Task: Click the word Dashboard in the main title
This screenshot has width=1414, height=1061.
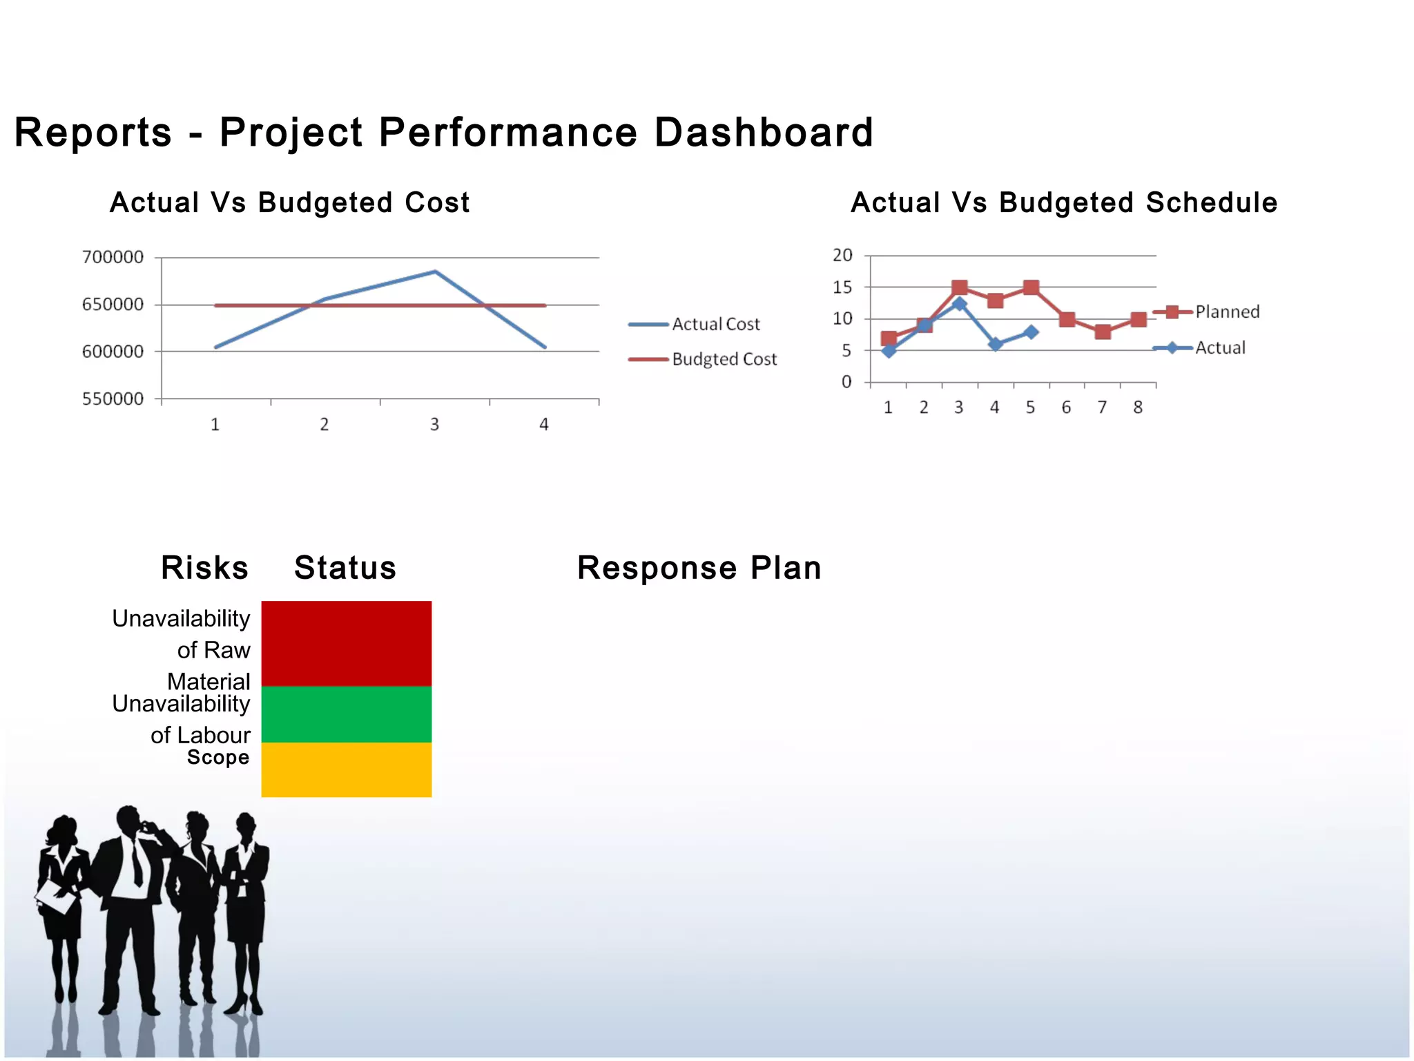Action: point(764,132)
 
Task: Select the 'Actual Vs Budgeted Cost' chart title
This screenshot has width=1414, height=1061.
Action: point(289,203)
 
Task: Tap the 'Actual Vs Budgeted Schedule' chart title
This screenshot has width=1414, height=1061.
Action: point(1064,203)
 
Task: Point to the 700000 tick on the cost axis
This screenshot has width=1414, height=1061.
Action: point(113,258)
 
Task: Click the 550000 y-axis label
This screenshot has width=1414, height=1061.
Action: point(113,399)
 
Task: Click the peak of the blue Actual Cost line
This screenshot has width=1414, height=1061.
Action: point(435,271)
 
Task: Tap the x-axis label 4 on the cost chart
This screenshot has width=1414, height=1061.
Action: point(544,425)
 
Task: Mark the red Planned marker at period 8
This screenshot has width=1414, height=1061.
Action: point(1139,319)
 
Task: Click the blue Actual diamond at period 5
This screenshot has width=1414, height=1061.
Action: point(1031,332)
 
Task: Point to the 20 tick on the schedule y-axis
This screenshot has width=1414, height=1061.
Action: point(842,256)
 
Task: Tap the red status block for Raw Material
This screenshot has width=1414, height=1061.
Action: point(346,643)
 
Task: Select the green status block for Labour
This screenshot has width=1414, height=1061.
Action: point(346,714)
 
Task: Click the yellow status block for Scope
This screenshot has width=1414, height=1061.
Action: point(346,770)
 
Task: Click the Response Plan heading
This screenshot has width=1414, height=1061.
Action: point(699,568)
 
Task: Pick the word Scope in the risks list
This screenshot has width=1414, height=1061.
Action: point(218,758)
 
